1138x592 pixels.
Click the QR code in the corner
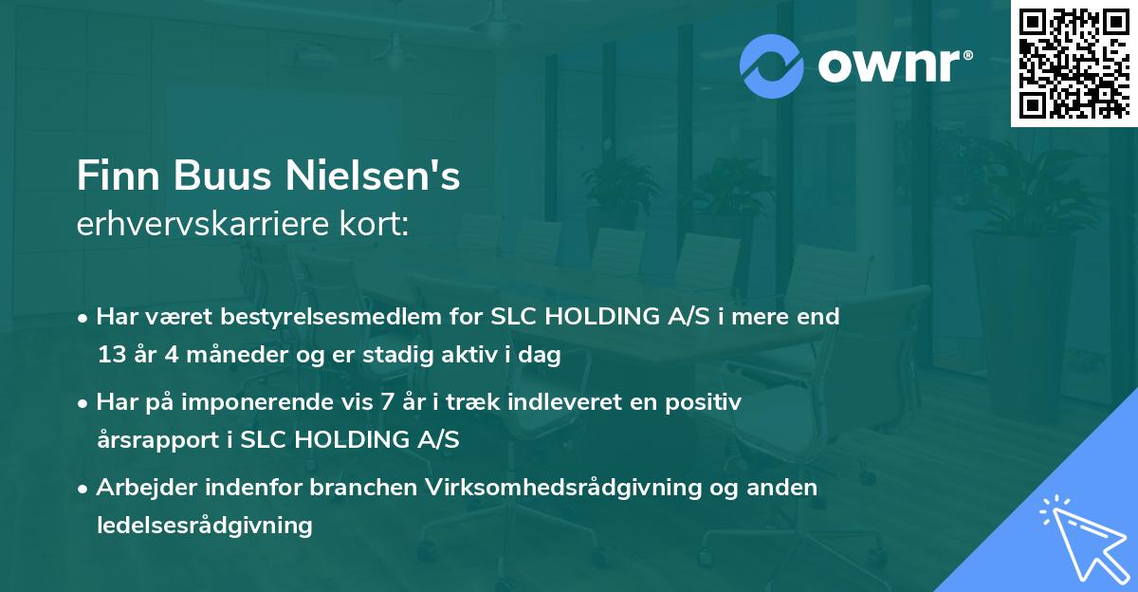click(1074, 63)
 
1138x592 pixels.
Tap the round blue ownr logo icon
click(772, 66)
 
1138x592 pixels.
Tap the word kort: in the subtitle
click(377, 223)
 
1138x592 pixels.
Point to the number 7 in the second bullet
click(386, 402)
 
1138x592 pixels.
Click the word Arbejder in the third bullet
click(142, 488)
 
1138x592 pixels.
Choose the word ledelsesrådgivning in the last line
click(205, 525)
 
